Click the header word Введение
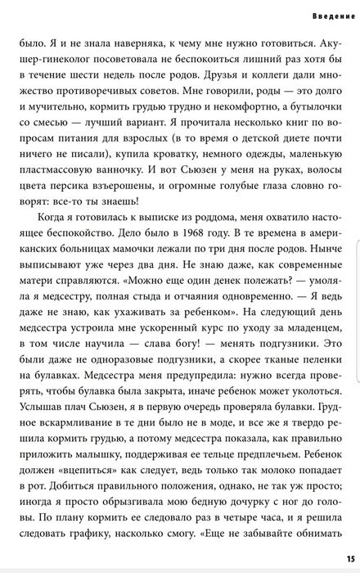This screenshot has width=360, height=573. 332,16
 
